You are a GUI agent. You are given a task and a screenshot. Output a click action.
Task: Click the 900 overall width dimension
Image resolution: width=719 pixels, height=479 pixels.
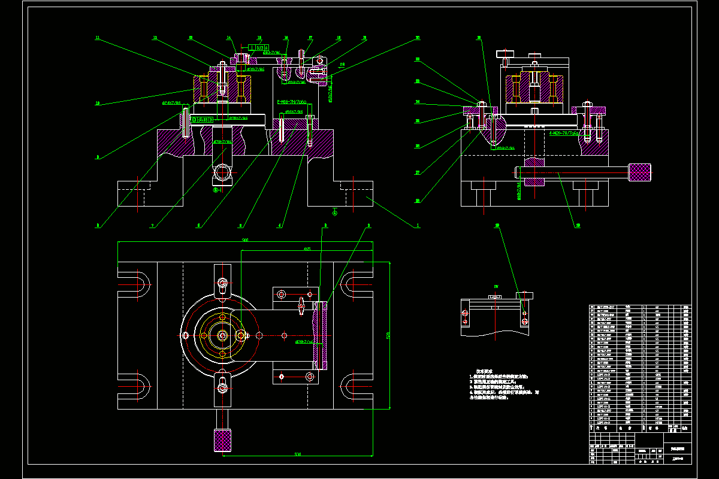[x=246, y=240]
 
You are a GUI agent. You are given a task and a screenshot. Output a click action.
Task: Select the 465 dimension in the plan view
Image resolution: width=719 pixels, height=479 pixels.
[x=306, y=248]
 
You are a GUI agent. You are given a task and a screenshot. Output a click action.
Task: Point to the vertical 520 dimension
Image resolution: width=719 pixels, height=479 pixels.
[x=388, y=336]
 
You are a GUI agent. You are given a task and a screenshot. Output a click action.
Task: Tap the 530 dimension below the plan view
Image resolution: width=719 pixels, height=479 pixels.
[x=298, y=454]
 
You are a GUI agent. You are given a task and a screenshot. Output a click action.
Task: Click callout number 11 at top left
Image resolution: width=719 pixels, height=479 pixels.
[x=97, y=38]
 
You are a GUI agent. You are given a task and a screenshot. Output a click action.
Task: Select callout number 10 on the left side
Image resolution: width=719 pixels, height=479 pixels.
[x=97, y=103]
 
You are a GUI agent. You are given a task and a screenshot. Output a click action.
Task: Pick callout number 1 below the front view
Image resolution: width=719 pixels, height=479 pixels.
[x=418, y=226]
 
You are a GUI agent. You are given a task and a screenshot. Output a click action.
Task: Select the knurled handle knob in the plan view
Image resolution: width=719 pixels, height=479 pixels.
[x=222, y=440]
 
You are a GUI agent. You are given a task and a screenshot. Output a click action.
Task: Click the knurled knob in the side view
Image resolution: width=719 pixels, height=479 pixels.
[x=639, y=172]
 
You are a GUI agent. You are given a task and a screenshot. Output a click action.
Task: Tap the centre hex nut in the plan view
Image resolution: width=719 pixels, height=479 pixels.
[x=223, y=336]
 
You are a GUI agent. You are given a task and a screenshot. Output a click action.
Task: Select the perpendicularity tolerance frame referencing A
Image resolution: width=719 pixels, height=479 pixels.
[x=256, y=47]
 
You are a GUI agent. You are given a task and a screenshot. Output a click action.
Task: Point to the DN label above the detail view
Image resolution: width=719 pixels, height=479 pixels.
[x=496, y=286]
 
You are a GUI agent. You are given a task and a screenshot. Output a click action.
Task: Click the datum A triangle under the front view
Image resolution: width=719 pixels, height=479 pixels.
[x=334, y=211]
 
